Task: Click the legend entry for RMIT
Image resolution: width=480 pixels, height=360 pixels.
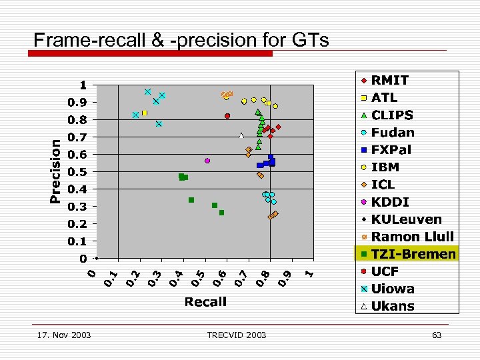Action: click(x=389, y=80)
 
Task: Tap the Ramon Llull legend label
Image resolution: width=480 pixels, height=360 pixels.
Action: click(x=412, y=237)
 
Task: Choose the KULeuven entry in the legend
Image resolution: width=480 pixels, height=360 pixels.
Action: click(x=406, y=219)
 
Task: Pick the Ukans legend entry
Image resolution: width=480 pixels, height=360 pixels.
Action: click(x=392, y=306)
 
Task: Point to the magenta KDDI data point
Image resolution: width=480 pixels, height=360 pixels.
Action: click(x=207, y=161)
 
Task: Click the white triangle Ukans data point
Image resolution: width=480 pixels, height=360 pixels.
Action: click(x=241, y=136)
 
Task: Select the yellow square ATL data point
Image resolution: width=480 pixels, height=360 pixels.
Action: click(x=144, y=113)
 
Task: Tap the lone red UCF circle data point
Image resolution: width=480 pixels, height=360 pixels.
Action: click(x=227, y=116)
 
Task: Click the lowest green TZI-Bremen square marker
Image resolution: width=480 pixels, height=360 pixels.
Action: click(x=221, y=213)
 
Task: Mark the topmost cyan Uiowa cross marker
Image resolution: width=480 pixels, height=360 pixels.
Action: click(x=147, y=91)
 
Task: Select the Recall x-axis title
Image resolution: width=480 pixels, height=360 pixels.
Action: click(x=205, y=302)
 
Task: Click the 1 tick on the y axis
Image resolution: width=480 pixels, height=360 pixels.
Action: click(x=83, y=85)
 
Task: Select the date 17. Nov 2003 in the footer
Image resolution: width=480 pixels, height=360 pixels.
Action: click(x=64, y=335)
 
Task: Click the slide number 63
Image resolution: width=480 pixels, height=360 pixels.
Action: click(x=437, y=335)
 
